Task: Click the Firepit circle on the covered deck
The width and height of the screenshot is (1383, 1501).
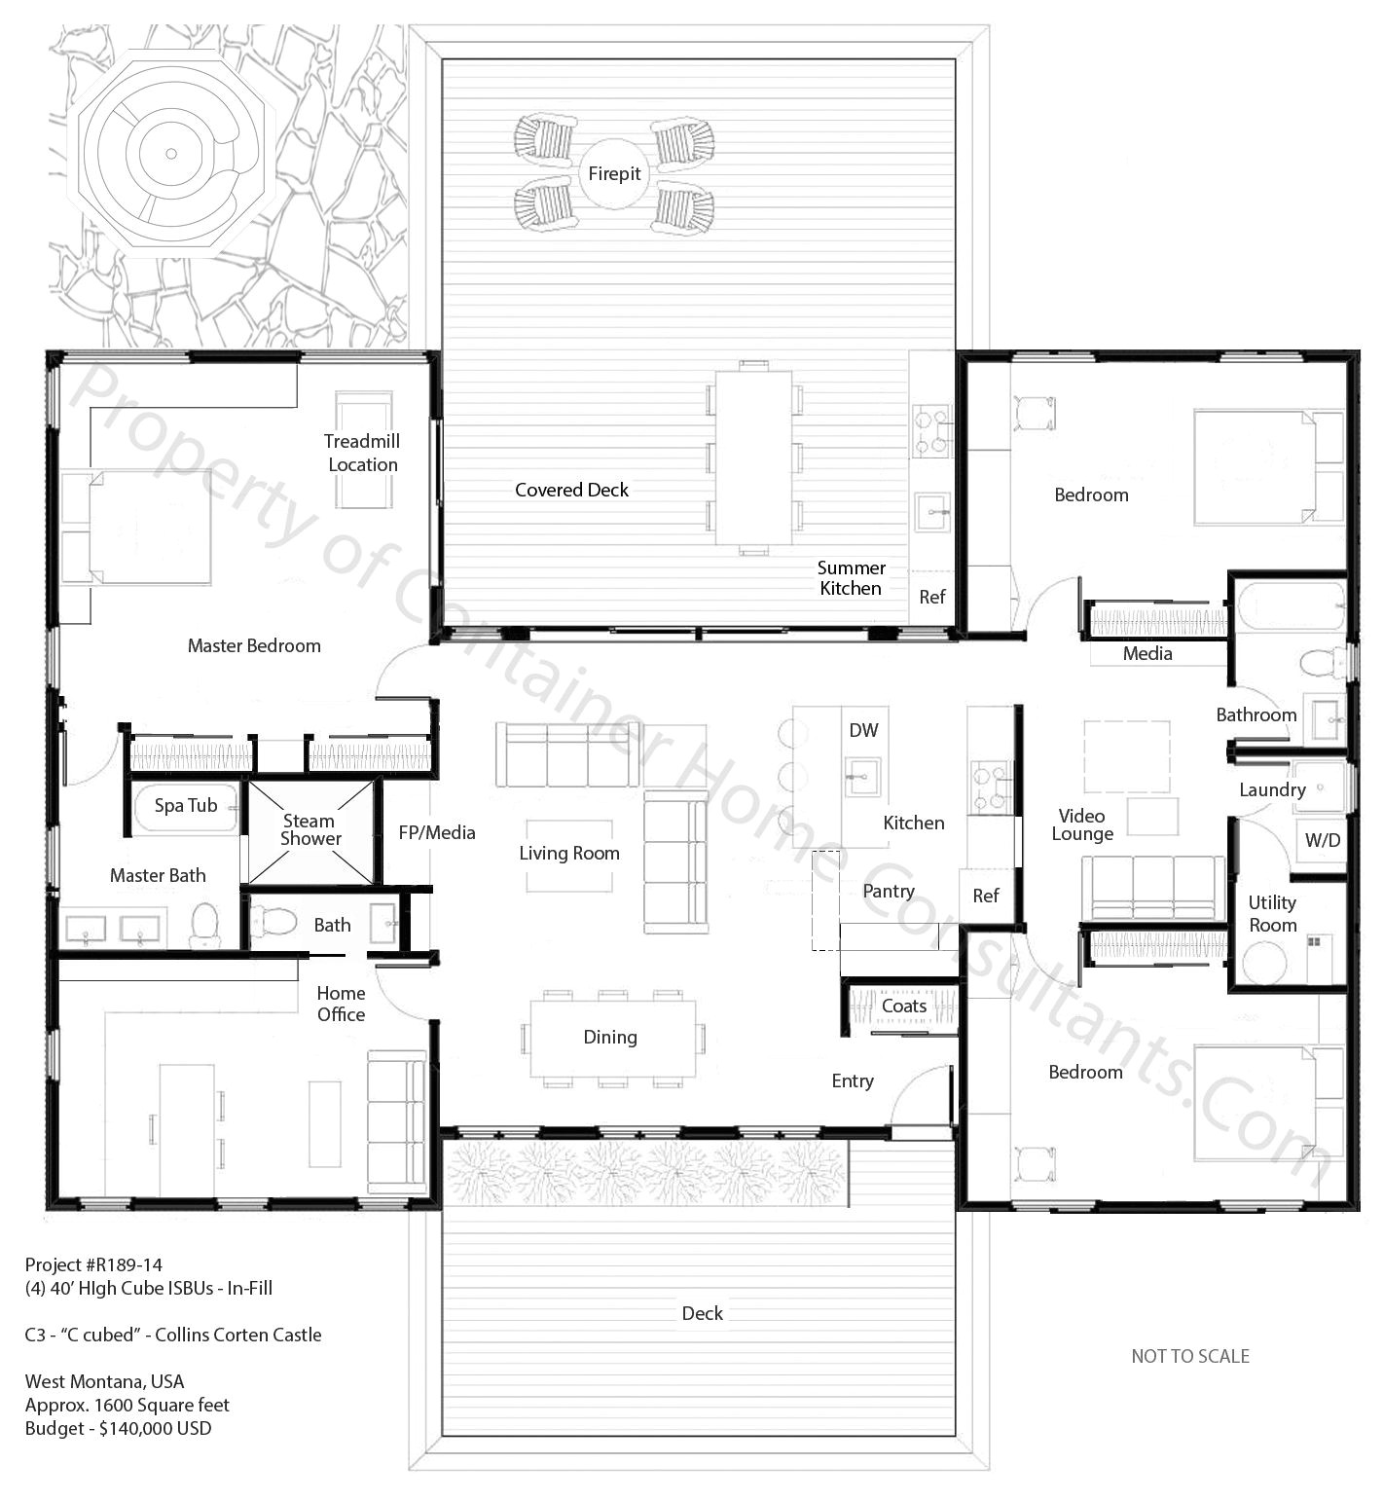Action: (x=614, y=174)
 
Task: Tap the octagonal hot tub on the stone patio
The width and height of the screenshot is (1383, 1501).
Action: (x=170, y=154)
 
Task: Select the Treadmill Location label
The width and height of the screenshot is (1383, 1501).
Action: (x=362, y=453)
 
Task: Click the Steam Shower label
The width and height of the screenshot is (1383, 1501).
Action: (x=310, y=830)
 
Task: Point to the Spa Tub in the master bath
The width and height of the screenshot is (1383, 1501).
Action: (x=186, y=806)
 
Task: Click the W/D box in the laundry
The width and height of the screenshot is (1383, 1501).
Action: (x=1322, y=841)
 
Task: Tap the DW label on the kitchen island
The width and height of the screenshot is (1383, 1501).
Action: (x=863, y=730)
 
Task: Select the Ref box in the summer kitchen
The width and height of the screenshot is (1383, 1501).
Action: (x=931, y=597)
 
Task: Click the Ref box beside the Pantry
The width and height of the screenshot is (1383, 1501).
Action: (x=985, y=896)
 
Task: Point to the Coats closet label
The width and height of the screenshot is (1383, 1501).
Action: (x=903, y=1007)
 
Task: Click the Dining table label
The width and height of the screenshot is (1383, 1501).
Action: (x=610, y=1038)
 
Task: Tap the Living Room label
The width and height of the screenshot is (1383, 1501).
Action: (x=569, y=854)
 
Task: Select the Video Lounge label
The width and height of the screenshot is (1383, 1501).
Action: (x=1082, y=825)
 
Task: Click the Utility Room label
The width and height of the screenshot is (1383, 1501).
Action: (x=1272, y=914)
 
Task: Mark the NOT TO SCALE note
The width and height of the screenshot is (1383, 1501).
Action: (x=1189, y=1356)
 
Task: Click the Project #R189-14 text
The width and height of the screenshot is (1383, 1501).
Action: (x=93, y=1265)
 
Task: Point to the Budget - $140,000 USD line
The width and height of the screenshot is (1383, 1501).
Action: (x=118, y=1429)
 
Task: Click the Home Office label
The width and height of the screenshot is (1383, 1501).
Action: (x=341, y=1004)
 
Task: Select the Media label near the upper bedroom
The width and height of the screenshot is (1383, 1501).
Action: (x=1146, y=654)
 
